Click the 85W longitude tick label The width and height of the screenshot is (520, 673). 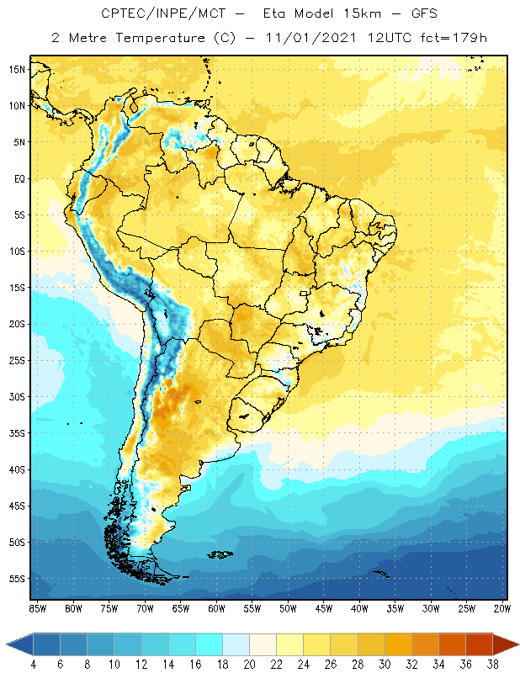pos(37,608)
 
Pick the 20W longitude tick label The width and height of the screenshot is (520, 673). pos(502,608)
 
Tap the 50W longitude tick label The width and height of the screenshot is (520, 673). pos(288,608)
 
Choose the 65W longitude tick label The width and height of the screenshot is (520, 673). pos(180,608)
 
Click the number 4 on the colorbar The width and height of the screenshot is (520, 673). pos(33,664)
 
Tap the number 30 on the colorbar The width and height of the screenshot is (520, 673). pos(385,664)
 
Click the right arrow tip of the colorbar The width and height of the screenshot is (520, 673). pos(516,644)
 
